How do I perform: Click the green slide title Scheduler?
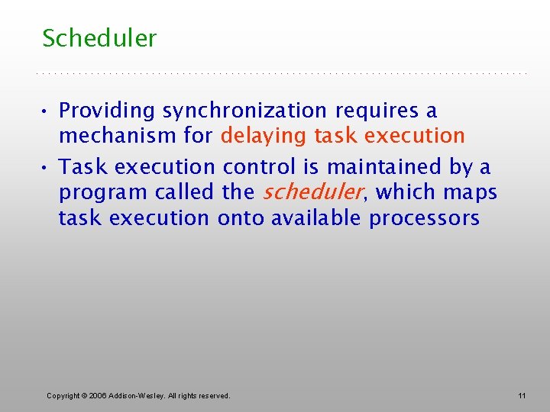pyautogui.click(x=99, y=38)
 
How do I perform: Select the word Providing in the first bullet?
pyautogui.click(x=107, y=111)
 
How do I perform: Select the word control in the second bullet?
pyautogui.click(x=257, y=166)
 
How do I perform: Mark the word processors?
pyautogui.click(x=424, y=218)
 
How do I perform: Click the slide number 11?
pyautogui.click(x=522, y=395)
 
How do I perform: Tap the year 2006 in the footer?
pyautogui.click(x=98, y=395)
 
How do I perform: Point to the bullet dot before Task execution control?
pyautogui.click(x=46, y=167)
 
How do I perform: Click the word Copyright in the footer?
pyautogui.click(x=63, y=395)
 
